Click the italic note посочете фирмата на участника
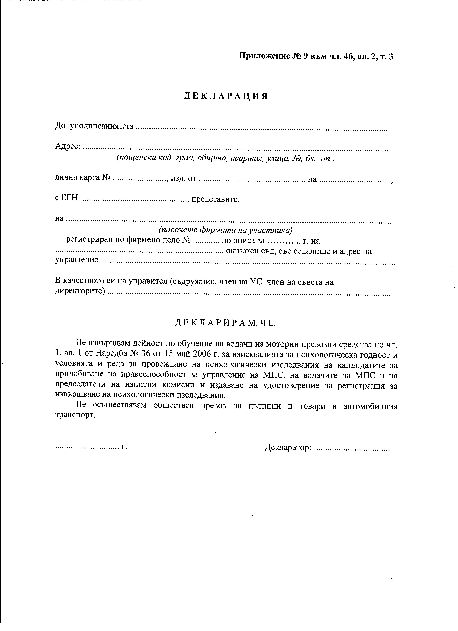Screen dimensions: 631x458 point(225,230)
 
